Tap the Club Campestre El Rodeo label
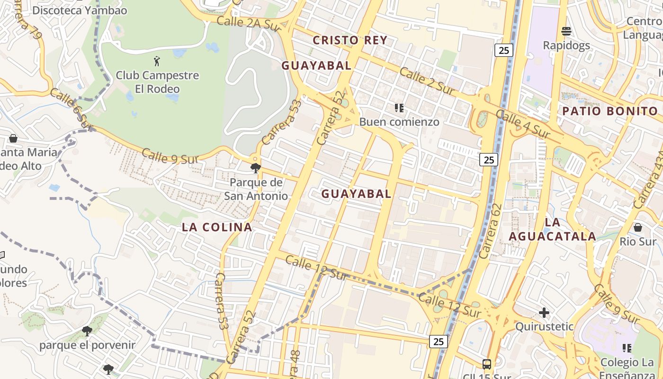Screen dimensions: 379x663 [x=157, y=82]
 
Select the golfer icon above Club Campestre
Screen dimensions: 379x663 [x=157, y=61]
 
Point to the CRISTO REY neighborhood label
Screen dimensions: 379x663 [x=350, y=40]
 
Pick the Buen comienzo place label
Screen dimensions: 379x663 [x=399, y=122]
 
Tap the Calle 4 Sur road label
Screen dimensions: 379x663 [x=523, y=125]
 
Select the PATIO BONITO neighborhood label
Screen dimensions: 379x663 [x=610, y=111]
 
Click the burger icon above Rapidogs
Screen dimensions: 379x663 [x=566, y=32]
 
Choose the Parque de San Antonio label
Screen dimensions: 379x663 [x=256, y=189]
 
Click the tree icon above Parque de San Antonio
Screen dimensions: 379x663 [x=256, y=167]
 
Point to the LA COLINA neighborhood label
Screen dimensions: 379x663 [x=217, y=227]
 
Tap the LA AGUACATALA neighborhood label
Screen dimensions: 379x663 [x=552, y=229]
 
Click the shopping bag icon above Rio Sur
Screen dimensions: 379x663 [x=638, y=227]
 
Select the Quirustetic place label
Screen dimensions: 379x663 [x=544, y=326]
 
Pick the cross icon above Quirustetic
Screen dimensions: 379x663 [x=544, y=312]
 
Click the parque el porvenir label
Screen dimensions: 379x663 [x=87, y=345]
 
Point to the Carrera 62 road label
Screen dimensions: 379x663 [x=491, y=231]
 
